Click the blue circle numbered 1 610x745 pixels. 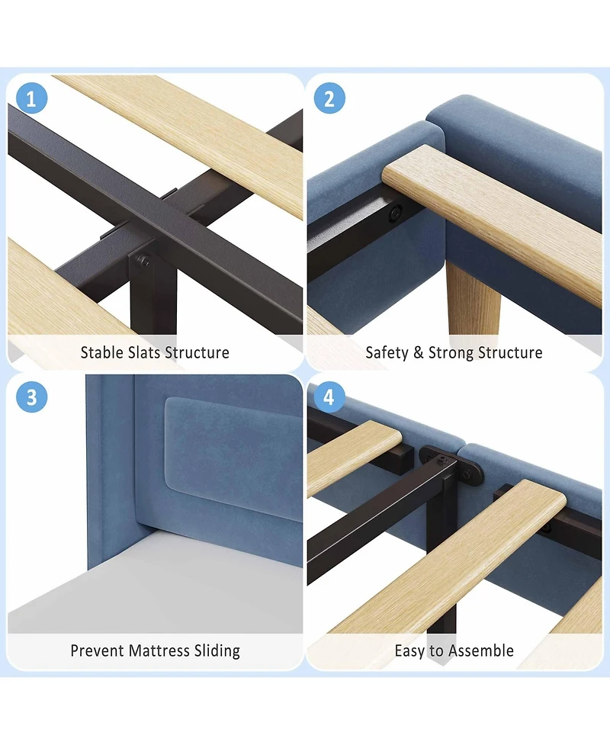pos(31,98)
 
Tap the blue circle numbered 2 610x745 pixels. pos(329,98)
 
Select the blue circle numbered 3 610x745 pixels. pos(31,397)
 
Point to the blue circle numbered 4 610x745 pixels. pos(329,397)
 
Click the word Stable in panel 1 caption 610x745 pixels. pos(101,352)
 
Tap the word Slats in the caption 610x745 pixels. pos(144,352)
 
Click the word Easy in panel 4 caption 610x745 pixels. pos(410,651)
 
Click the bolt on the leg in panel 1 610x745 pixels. pos(143,260)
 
